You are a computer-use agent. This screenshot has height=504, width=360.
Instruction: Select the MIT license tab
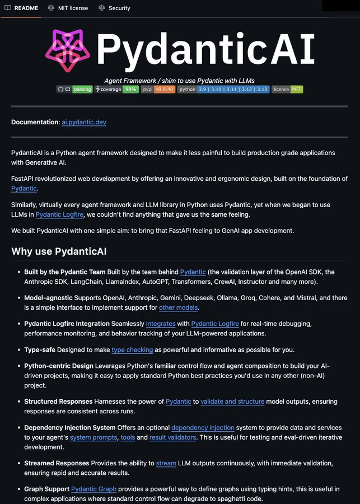click(x=68, y=8)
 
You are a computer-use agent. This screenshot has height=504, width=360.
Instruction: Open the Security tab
click(x=114, y=8)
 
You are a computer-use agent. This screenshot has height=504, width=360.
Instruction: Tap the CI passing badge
click(x=74, y=89)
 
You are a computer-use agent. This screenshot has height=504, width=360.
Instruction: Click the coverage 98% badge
click(x=116, y=89)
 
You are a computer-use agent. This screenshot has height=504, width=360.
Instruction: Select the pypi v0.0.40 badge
click(x=158, y=89)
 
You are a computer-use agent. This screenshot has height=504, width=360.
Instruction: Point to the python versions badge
click(x=223, y=89)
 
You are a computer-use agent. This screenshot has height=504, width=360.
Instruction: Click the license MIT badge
click(x=287, y=89)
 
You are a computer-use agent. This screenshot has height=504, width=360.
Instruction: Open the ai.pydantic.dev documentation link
click(x=84, y=122)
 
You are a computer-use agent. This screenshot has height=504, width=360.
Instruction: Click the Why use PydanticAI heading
click(x=59, y=251)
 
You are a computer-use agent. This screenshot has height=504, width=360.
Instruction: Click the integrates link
click(x=161, y=324)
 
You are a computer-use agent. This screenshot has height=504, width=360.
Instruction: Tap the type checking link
click(x=132, y=350)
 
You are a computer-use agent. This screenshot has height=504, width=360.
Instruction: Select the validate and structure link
click(x=232, y=402)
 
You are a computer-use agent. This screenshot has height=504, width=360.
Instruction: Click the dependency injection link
click(x=203, y=428)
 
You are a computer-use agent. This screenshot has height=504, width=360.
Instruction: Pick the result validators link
click(x=173, y=437)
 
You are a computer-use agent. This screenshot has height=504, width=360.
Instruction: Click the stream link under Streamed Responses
click(x=166, y=463)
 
